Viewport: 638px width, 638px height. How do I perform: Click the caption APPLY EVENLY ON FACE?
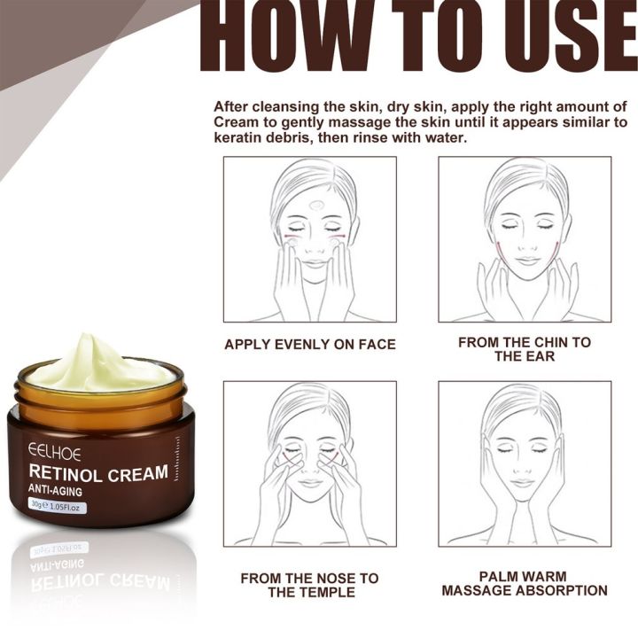(309, 344)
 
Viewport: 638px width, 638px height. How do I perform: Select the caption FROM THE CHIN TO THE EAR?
(525, 348)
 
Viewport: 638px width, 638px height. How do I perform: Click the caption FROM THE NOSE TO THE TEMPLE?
(309, 584)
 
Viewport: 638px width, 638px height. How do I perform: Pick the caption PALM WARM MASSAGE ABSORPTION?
(525, 584)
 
